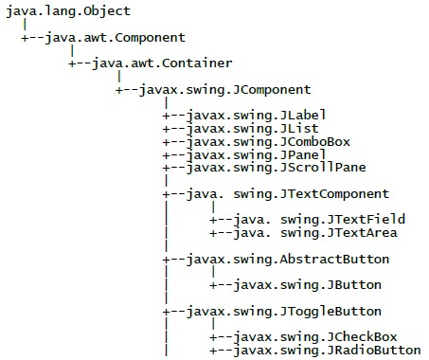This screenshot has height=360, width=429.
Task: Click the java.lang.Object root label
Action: [x=67, y=11]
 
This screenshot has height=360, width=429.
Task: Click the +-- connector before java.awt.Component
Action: [x=31, y=38]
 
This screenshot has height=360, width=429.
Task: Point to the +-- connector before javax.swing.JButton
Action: [x=221, y=284]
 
